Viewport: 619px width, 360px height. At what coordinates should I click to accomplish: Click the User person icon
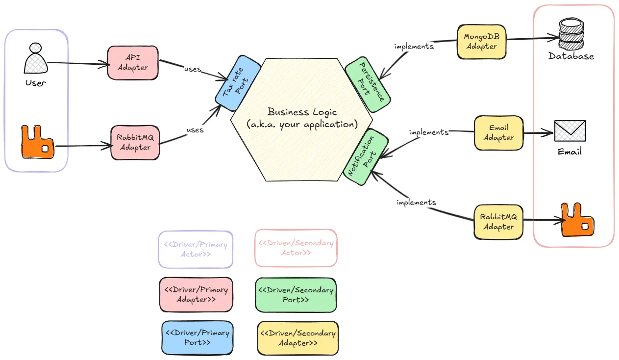click(x=35, y=59)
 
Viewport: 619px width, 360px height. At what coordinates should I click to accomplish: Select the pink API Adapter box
click(x=133, y=62)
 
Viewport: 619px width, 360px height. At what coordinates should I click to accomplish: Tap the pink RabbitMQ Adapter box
click(x=135, y=142)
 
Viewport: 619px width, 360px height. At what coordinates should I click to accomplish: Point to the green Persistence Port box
click(x=368, y=82)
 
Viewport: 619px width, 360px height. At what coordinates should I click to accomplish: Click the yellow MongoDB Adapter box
click(x=481, y=42)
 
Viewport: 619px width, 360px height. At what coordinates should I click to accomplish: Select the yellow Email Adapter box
click(x=498, y=133)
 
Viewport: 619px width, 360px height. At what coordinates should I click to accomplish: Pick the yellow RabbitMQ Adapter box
click(x=498, y=222)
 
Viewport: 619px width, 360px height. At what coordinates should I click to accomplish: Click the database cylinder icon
click(x=571, y=34)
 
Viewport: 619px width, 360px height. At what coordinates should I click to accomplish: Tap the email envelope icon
click(x=570, y=131)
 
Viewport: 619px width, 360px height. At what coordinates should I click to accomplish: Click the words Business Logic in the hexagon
click(x=302, y=112)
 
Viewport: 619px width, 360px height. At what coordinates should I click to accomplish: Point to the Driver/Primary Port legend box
click(x=197, y=337)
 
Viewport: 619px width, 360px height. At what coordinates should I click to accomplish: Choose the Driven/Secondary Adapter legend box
click(x=297, y=338)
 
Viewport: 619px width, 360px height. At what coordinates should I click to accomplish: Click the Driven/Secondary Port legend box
click(x=296, y=295)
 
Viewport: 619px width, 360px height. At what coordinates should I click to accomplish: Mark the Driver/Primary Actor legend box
click(x=195, y=249)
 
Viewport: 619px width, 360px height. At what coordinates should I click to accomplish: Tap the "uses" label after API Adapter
click(x=192, y=69)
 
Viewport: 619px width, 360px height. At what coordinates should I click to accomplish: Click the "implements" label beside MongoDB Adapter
click(x=414, y=47)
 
